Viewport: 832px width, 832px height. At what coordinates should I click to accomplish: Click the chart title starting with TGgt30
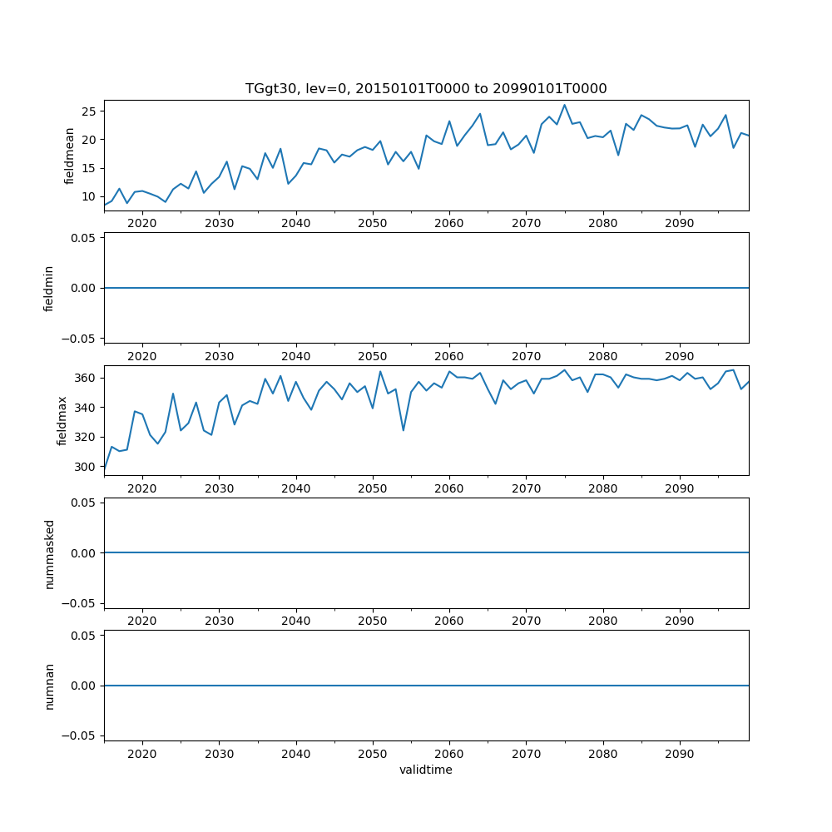click(x=426, y=88)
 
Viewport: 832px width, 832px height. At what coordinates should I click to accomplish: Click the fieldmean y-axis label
click(x=70, y=156)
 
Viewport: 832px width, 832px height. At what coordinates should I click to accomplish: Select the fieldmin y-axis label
click(x=49, y=288)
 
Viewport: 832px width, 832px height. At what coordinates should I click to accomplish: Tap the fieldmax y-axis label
click(x=61, y=420)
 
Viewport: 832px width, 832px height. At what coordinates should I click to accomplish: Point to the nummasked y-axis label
click(x=49, y=553)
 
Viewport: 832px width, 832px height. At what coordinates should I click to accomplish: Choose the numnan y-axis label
click(x=49, y=686)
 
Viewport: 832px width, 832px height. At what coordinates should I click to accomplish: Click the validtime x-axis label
click(x=426, y=770)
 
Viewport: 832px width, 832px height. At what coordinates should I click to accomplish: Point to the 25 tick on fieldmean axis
click(x=87, y=111)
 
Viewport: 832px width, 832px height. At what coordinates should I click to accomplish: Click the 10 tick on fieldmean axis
click(x=87, y=197)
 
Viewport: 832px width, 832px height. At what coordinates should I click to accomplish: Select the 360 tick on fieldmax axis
click(x=84, y=378)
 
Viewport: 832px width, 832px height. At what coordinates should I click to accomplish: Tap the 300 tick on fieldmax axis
click(x=84, y=467)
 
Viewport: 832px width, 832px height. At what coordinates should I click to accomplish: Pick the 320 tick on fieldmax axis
click(x=84, y=437)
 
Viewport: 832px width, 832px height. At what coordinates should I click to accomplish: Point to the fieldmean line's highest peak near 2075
click(x=564, y=105)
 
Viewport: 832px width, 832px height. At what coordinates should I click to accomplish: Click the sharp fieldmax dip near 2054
click(x=403, y=430)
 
